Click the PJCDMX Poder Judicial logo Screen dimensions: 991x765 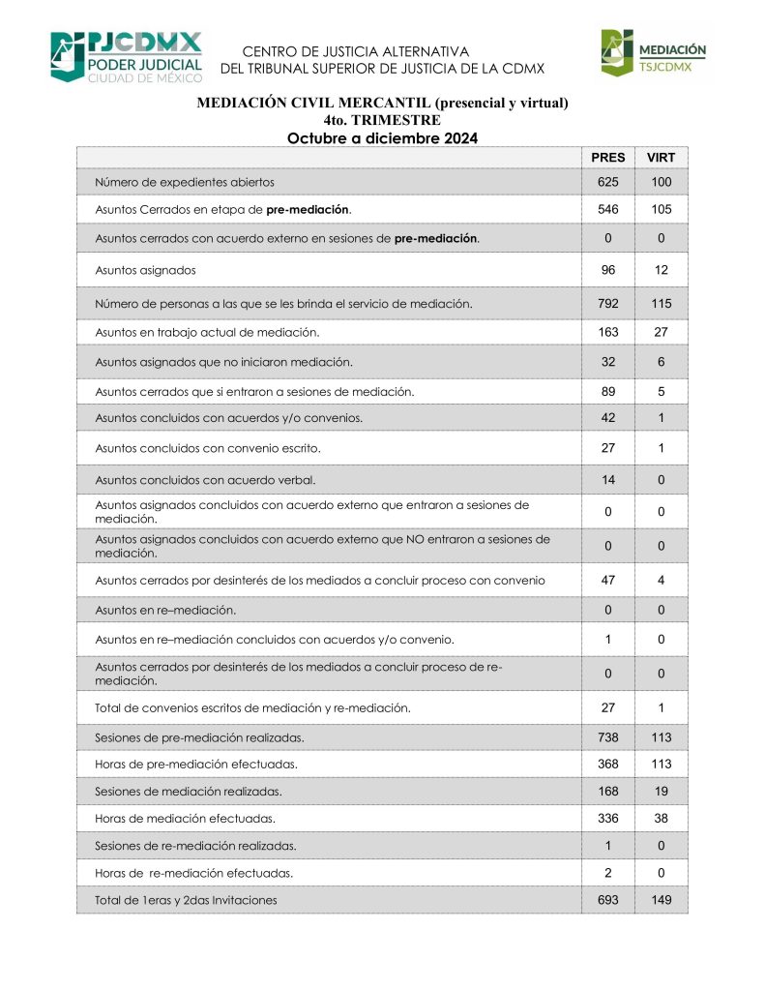(127, 56)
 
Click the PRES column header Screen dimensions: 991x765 (608, 158)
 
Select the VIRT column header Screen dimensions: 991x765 (661, 158)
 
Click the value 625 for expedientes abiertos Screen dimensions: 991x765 (608, 182)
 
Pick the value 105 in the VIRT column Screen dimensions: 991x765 (661, 209)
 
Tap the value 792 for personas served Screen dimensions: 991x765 (608, 304)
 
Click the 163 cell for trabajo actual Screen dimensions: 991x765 (608, 332)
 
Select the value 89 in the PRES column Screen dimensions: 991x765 (608, 391)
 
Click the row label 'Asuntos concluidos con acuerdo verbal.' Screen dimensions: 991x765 (205, 479)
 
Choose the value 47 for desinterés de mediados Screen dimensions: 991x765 (608, 580)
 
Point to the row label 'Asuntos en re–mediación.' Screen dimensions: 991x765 (165, 611)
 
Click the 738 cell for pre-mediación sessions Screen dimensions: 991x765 (608, 737)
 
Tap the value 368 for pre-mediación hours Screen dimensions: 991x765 (608, 764)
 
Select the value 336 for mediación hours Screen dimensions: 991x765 (608, 818)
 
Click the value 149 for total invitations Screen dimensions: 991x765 (661, 900)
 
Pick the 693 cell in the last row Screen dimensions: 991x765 (608, 900)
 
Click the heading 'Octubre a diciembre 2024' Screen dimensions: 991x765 (382, 138)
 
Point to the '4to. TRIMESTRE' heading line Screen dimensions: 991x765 (382, 120)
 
